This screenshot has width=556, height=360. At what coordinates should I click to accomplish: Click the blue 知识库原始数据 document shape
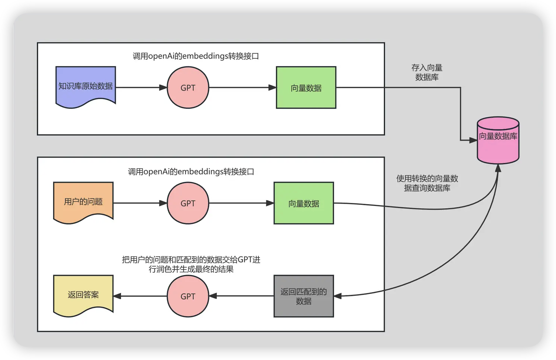point(85,86)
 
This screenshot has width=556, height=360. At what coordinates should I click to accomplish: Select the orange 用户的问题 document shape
point(83,202)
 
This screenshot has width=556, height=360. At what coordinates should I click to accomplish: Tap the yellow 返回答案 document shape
point(83,295)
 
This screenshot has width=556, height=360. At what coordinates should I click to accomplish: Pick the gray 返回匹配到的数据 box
point(304,296)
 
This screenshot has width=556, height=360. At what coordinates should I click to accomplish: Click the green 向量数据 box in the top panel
point(306,88)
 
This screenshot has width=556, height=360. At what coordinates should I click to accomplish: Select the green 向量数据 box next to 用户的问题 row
point(304,203)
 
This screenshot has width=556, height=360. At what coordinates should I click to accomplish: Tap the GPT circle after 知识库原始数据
point(188,88)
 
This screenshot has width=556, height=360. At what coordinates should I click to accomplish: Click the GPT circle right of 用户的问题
point(188,203)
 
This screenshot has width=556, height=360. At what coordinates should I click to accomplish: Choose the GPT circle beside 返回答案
point(188,296)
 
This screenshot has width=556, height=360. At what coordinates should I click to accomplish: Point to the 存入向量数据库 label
point(427,72)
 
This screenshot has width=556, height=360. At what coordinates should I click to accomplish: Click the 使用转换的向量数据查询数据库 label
point(427,183)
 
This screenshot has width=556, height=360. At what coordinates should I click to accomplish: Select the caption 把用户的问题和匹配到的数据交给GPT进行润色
point(191,264)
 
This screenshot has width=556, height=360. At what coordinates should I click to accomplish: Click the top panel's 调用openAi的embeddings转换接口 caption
point(196,56)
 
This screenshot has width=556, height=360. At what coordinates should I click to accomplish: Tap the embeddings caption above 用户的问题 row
point(191,171)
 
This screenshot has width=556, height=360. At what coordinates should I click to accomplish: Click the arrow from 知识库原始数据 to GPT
point(141,88)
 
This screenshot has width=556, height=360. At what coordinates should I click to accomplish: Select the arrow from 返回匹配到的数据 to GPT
point(241,296)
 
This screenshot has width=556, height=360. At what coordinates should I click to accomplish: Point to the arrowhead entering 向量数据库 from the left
point(473,140)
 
